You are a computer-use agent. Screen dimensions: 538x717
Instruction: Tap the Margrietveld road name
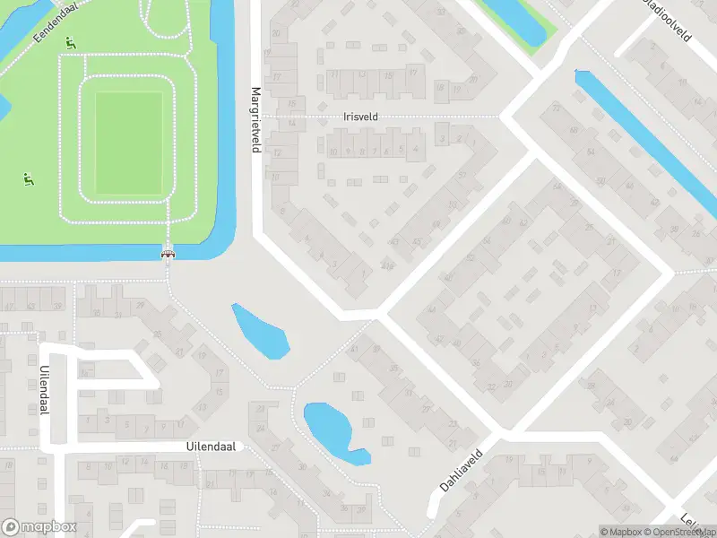[x=255, y=119]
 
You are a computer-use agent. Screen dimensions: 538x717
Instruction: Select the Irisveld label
[x=361, y=117]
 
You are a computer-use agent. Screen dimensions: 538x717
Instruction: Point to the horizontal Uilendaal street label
[x=212, y=446]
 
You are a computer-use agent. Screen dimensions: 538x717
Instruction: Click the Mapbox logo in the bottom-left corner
[x=39, y=527]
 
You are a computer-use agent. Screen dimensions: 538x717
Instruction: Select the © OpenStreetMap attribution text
[x=675, y=532]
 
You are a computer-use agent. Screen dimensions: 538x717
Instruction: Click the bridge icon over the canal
[x=167, y=254]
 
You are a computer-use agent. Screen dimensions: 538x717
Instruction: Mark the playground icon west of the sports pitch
[x=29, y=180]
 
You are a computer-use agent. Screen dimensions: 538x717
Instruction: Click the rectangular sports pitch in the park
[x=128, y=141]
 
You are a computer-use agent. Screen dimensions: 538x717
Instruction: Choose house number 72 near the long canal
[x=557, y=108]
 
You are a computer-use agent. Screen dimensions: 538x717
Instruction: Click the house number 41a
[x=387, y=265]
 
